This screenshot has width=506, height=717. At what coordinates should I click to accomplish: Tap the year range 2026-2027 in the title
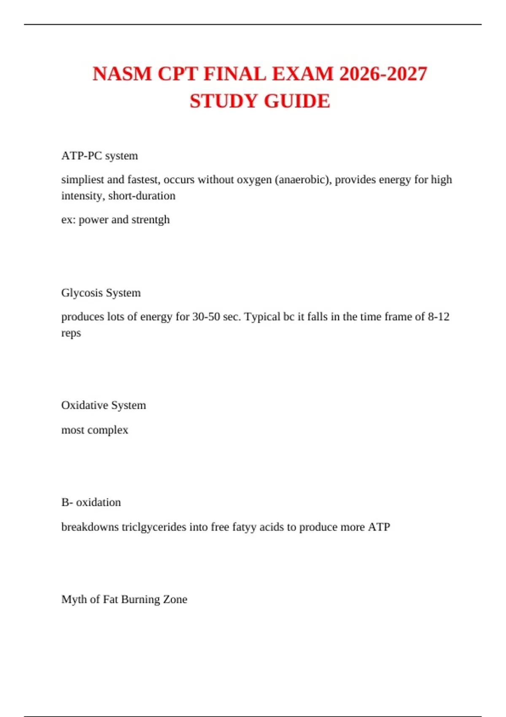(383, 74)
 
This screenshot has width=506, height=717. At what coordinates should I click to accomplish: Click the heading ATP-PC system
(100, 156)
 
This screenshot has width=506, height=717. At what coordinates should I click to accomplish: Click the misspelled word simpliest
(83, 180)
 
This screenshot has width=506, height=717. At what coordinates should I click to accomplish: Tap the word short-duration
(142, 196)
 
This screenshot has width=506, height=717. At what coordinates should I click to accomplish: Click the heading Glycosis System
(101, 293)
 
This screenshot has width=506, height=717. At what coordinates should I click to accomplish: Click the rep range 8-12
(439, 317)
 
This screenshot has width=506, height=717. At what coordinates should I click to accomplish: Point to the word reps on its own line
(71, 333)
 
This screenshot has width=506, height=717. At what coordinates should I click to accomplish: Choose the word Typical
(262, 317)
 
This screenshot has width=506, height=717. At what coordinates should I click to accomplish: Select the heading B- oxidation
(91, 502)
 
